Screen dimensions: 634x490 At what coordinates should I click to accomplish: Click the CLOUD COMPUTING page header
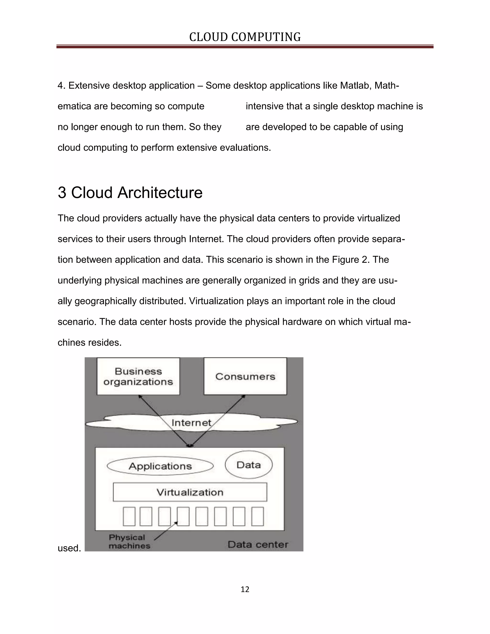coord(245,37)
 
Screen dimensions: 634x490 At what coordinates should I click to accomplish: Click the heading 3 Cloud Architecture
coord(130,193)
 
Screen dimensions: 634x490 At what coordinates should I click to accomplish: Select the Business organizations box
coord(138,376)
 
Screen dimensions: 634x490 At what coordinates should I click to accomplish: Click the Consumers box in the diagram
coord(245,376)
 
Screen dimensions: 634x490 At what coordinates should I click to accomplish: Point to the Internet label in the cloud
coord(191,423)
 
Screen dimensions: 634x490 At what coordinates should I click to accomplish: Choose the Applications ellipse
coord(160,466)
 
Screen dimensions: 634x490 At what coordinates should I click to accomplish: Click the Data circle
coord(249,465)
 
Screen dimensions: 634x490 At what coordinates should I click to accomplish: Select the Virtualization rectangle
coord(190,492)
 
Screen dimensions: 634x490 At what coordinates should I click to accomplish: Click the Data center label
coord(258,545)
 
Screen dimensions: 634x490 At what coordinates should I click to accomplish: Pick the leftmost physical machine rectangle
coord(129,517)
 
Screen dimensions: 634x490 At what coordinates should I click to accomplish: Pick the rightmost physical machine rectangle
coord(257,517)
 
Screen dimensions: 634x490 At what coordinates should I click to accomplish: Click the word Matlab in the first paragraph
coord(356,86)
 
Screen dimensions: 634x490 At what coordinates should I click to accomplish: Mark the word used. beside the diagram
coord(69,548)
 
